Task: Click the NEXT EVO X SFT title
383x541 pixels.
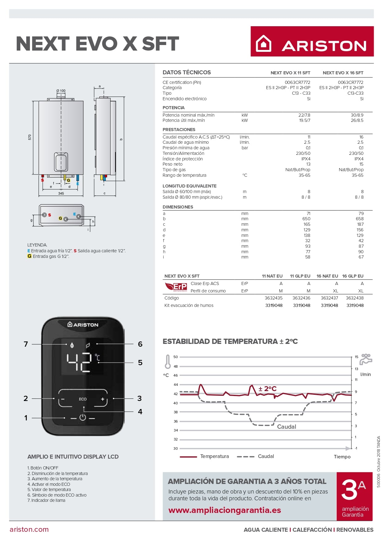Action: [x=97, y=43]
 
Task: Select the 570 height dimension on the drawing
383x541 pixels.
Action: [x=30, y=137]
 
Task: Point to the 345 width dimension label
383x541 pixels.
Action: [x=61, y=193]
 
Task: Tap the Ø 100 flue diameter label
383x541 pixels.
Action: [x=61, y=91]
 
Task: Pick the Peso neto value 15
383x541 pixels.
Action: [x=361, y=164]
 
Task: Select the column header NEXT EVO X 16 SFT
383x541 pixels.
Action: [x=343, y=73]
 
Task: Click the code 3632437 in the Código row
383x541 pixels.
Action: [x=329, y=298]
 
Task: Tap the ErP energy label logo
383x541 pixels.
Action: [x=176, y=287]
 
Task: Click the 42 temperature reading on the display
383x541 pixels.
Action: [x=79, y=362]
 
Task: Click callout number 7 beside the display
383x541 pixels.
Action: [x=26, y=344]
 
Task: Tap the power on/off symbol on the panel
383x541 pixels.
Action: [x=83, y=417]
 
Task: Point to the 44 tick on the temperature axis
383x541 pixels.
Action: [x=176, y=385]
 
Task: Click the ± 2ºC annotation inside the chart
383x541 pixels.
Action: [x=267, y=389]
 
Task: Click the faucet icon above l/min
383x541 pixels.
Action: [x=366, y=359]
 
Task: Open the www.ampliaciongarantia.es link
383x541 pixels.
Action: [x=225, y=510]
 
